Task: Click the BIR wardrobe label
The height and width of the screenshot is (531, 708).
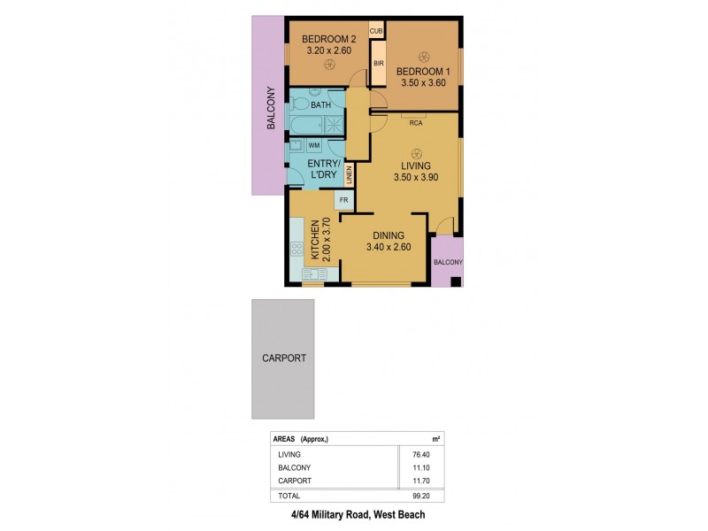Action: point(378,64)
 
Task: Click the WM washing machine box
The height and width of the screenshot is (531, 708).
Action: point(314,144)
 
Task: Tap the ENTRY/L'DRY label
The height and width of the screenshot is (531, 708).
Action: point(323,169)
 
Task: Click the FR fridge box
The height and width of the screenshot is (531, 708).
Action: point(343,200)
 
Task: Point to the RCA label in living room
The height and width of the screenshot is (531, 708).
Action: point(414,123)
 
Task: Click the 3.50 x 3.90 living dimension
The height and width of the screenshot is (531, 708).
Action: point(416,177)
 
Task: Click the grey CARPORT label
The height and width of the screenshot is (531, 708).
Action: point(283,358)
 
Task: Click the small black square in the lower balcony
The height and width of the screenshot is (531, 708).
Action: point(455,283)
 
